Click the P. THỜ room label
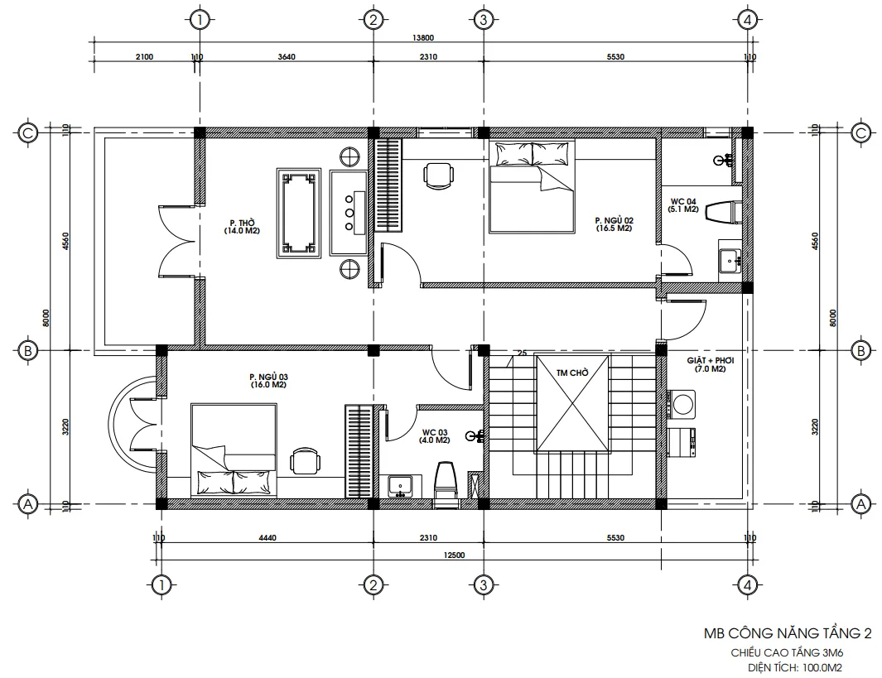click(x=242, y=227)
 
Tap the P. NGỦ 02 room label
click(x=614, y=224)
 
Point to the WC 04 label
click(x=683, y=205)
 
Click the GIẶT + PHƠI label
click(x=710, y=365)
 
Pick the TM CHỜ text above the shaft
click(x=572, y=373)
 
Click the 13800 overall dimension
click(x=423, y=37)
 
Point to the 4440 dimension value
click(x=267, y=538)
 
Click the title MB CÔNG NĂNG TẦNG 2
click(x=787, y=634)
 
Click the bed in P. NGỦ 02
click(x=532, y=186)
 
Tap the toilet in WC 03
click(x=446, y=479)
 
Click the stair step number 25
click(x=521, y=353)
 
